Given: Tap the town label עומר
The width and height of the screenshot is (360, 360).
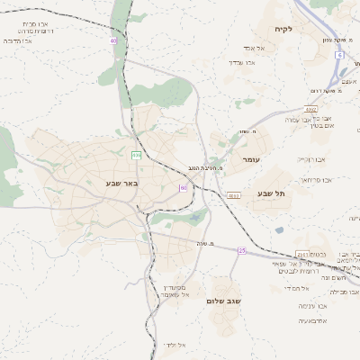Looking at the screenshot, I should coord(250,159).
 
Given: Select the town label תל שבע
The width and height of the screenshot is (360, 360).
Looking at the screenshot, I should coord(269,193).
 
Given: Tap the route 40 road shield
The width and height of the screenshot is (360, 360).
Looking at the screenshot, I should coord(113,40).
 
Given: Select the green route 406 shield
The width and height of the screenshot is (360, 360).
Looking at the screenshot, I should coord(136,155).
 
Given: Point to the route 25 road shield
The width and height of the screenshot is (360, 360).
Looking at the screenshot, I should coord(241,249).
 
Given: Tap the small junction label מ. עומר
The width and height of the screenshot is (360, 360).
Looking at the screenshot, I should coord(244,132).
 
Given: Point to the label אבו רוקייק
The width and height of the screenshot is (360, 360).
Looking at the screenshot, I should coord(312,159).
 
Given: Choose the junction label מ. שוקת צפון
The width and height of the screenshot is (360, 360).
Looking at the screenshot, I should coord(336,40).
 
